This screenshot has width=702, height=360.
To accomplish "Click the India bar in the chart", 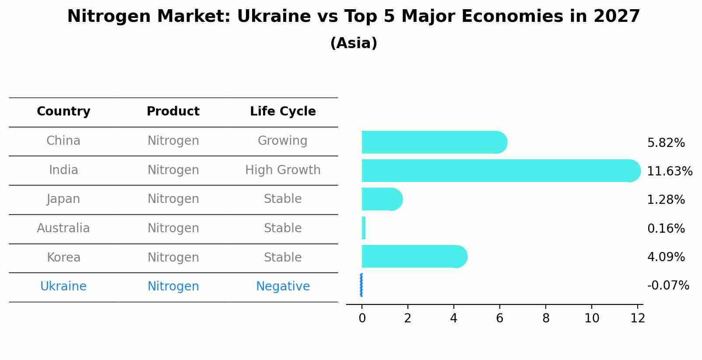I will click(499, 171).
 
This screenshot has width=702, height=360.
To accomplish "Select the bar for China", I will click(433, 142).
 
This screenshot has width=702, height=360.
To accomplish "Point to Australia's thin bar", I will click(364, 228).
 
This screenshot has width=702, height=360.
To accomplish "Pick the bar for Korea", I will click(414, 256).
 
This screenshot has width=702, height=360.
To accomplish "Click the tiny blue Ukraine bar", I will click(361, 285).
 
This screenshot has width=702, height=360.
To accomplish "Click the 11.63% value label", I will click(669, 171).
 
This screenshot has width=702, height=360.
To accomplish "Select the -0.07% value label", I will click(668, 286).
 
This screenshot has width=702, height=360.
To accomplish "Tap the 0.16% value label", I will click(666, 228).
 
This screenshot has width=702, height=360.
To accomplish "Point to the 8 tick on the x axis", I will click(546, 318).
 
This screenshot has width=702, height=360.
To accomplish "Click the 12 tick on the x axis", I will click(638, 318).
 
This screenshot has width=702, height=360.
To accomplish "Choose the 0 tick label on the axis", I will click(362, 318).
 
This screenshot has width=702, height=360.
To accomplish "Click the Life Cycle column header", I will click(283, 112).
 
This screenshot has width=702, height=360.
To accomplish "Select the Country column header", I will click(63, 112).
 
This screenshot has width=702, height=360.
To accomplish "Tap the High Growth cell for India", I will click(283, 170).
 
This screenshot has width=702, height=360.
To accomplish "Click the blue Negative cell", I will click(283, 287).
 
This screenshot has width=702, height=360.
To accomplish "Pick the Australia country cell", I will click(63, 228).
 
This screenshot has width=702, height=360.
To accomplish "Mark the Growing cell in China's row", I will click(282, 141).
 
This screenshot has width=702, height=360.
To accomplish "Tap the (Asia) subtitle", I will click(354, 43).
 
